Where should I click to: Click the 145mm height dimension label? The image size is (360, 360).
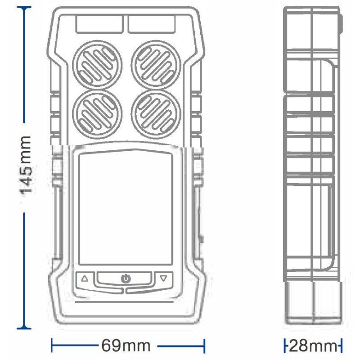pyautogui.click(x=26, y=165)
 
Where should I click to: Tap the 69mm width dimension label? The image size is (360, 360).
pyautogui.click(x=126, y=346)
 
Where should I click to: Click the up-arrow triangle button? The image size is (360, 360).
pyautogui.click(x=85, y=278)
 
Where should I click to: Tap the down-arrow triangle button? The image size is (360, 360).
pyautogui.click(x=163, y=278)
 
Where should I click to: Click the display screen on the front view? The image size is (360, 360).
pyautogui.click(x=126, y=208)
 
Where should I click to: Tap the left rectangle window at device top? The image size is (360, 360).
pyautogui.click(x=99, y=24)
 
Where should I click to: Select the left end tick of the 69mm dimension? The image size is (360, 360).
pyautogui.click(x=52, y=346)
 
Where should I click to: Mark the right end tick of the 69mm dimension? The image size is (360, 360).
pyautogui.click(x=205, y=346)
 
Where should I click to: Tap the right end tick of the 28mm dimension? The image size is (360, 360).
pyautogui.click(x=341, y=346)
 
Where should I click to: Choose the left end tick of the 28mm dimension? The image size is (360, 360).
pyautogui.click(x=285, y=346)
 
